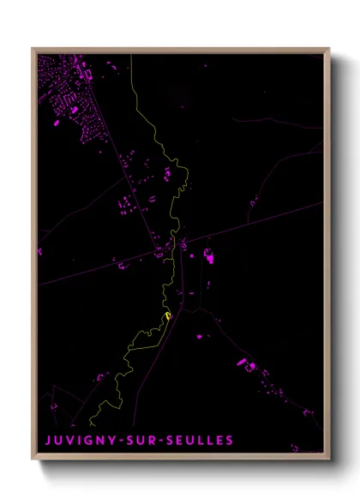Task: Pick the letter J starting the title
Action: coord(48,441)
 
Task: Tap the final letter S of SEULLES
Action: coord(229,441)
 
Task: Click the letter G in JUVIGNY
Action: coord(88,441)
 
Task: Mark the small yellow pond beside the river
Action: coord(169,316)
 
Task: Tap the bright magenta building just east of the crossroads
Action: coord(208,255)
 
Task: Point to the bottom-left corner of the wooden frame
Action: coord(33,459)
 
